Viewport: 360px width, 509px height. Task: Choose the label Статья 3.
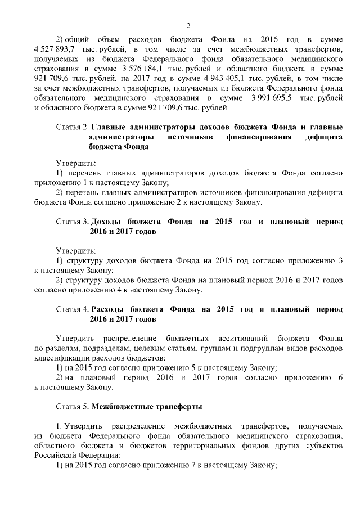point(73,222)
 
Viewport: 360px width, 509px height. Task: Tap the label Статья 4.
point(73,309)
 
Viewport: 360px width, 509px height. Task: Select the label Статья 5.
point(73,406)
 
